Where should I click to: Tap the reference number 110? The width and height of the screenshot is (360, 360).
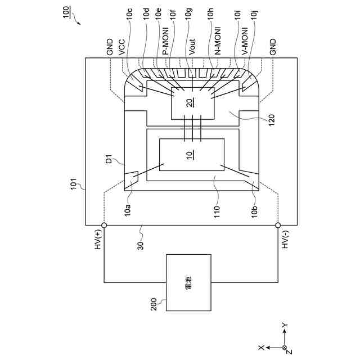click(x=216, y=211)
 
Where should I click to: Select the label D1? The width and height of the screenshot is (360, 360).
click(x=110, y=162)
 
